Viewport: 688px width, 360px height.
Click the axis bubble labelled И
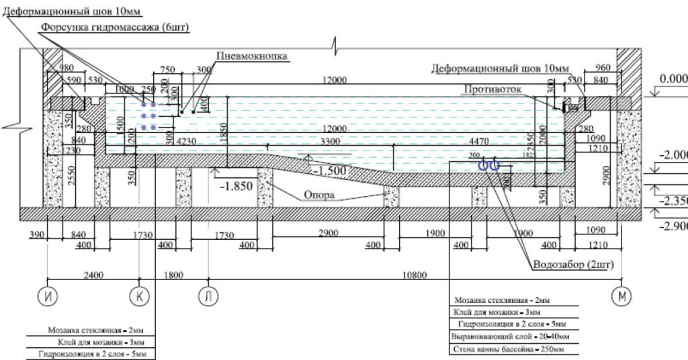[x=47, y=296]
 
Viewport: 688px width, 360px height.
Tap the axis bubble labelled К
[x=140, y=296]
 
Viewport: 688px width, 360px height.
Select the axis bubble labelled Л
[x=209, y=296]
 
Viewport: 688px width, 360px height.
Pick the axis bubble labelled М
[x=621, y=296]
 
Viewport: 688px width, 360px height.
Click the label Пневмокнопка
[x=252, y=56]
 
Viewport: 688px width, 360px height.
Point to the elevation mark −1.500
[x=329, y=171]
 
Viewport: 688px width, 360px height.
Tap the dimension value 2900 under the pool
[x=327, y=234]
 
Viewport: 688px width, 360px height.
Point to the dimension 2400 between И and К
[x=93, y=275]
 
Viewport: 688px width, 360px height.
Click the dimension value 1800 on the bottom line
[x=174, y=275]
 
